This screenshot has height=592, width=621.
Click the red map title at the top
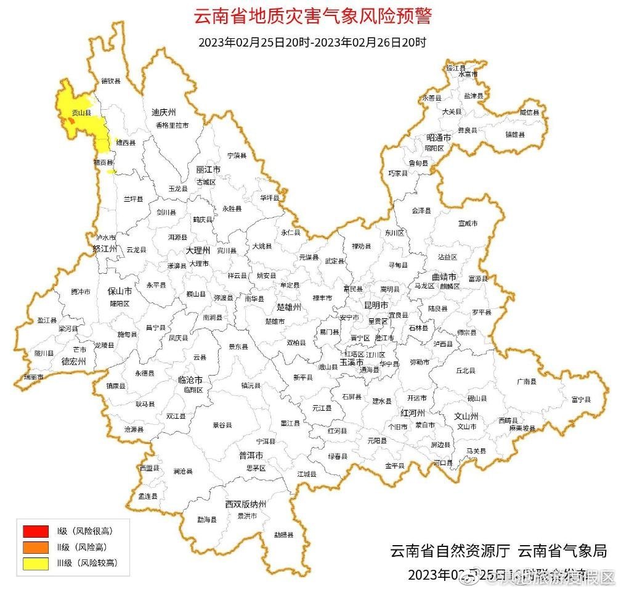[313, 17]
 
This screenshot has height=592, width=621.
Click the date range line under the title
[312, 43]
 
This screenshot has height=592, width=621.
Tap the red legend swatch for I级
[35, 531]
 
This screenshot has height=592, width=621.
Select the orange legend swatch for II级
[35, 547]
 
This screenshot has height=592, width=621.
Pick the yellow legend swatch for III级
[35, 563]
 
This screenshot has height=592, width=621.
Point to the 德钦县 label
[111, 81]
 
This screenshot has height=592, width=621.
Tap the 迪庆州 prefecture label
[163, 112]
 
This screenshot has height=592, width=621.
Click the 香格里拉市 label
[172, 125]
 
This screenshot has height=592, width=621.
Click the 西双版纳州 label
[245, 504]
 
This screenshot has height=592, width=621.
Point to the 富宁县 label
[580, 400]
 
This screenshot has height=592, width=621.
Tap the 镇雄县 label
[515, 134]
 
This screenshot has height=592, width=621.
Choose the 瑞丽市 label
[34, 377]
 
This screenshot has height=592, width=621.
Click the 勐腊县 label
[283, 535]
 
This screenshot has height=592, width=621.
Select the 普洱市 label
[251, 455]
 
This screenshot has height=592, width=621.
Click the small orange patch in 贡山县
[71, 122]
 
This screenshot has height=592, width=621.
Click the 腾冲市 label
[81, 292]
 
